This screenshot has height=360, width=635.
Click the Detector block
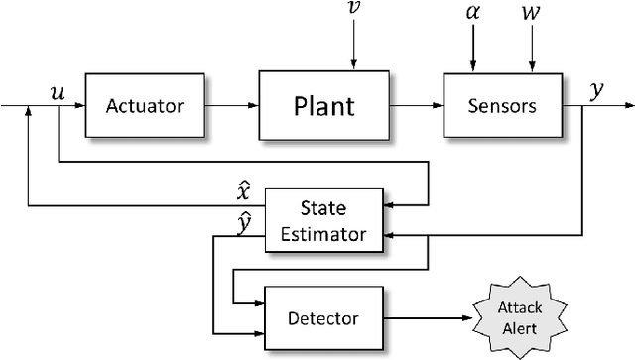click(x=321, y=318)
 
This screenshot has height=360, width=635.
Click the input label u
click(x=58, y=91)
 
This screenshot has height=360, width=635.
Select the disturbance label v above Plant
click(x=354, y=10)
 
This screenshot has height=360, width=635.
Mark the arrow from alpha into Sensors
click(x=473, y=49)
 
